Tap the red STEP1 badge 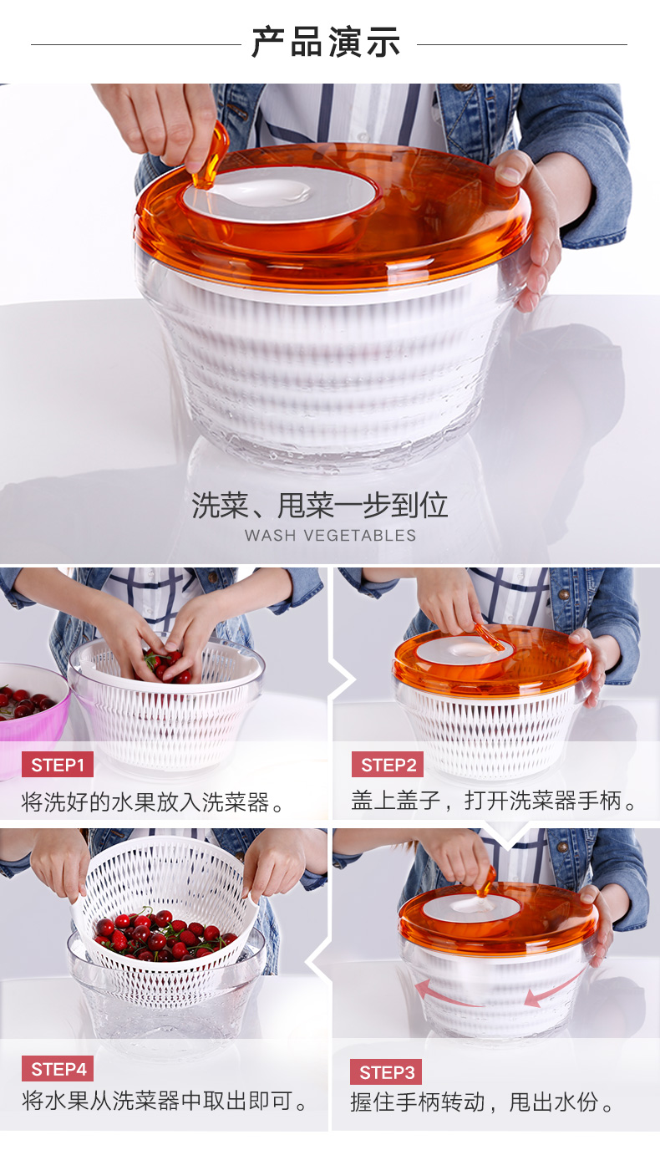58,765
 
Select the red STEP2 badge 388,765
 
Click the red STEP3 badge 386,1072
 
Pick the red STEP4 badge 58,1069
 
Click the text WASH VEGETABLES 330,536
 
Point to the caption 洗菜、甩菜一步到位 320,505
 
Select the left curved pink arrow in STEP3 446,994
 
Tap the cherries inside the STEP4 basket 162,934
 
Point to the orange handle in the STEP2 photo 489,637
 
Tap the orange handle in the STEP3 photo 486,881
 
